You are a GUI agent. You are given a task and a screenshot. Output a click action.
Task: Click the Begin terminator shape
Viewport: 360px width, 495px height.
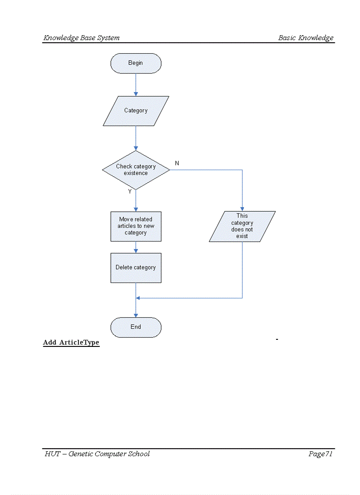click(x=135, y=63)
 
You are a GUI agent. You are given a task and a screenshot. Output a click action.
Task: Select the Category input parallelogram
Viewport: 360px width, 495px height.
click(x=135, y=111)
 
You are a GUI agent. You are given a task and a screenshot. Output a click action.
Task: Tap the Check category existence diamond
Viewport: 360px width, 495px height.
click(x=135, y=170)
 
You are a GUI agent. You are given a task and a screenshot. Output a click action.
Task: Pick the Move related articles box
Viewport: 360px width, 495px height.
click(x=135, y=226)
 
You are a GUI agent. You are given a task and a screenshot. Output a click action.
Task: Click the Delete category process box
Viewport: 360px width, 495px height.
click(x=135, y=268)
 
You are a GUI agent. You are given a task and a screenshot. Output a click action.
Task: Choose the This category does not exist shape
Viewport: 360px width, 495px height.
click(x=242, y=226)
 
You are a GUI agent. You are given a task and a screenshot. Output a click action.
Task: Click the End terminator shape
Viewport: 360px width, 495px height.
click(x=135, y=327)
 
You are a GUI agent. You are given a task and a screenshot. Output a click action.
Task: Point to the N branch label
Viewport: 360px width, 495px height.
click(x=177, y=163)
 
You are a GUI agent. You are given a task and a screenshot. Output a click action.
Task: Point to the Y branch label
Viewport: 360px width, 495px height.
click(x=130, y=192)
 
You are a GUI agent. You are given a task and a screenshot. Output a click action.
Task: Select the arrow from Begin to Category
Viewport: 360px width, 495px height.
click(x=136, y=84)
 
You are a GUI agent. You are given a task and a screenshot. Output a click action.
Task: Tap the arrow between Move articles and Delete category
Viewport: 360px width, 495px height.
click(x=136, y=247)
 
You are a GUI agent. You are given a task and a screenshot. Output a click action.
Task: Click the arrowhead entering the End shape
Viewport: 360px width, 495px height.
click(x=136, y=315)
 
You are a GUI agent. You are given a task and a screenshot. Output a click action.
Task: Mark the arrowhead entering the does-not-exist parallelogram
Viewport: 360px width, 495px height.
click(x=242, y=208)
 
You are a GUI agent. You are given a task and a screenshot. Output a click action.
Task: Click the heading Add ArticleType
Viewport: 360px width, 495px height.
click(x=71, y=342)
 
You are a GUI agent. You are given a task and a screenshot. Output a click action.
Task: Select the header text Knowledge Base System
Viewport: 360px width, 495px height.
click(x=81, y=38)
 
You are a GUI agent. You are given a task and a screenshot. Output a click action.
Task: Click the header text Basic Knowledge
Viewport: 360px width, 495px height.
click(x=306, y=38)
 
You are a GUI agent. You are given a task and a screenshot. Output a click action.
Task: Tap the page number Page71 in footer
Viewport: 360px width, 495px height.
click(x=320, y=454)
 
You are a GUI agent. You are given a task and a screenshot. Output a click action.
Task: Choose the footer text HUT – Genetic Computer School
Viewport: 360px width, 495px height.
click(x=97, y=454)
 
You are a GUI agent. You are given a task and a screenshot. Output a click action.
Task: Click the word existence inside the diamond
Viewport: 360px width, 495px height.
click(x=135, y=173)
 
